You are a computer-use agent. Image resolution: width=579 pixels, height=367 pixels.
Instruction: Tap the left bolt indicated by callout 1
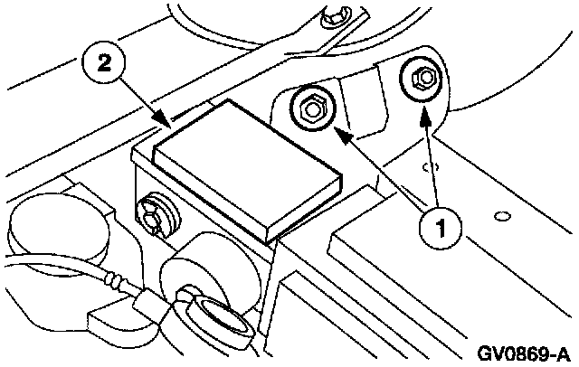[310, 109]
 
